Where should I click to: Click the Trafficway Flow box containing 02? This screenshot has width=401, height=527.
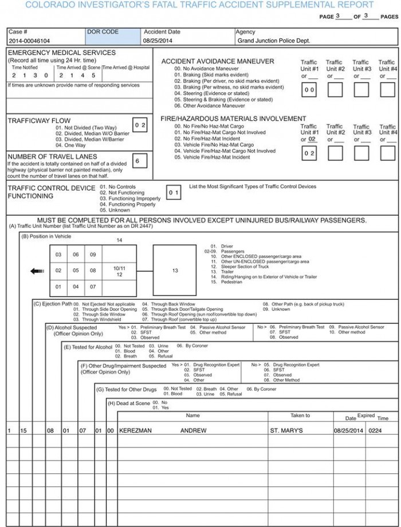coord(140,125)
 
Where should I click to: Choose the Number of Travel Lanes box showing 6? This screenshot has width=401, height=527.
coord(137,161)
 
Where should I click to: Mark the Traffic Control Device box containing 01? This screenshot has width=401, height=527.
coord(174,193)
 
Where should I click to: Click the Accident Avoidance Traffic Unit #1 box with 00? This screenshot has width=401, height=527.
coord(309,90)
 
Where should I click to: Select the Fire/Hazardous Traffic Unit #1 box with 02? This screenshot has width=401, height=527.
coord(309,153)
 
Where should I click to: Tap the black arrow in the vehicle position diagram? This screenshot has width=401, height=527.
coord(37,271)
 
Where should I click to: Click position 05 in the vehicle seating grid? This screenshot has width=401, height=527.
coord(76,271)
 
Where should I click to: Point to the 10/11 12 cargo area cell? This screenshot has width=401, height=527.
coord(119,271)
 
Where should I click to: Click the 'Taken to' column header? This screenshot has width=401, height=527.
coord(300,415)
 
